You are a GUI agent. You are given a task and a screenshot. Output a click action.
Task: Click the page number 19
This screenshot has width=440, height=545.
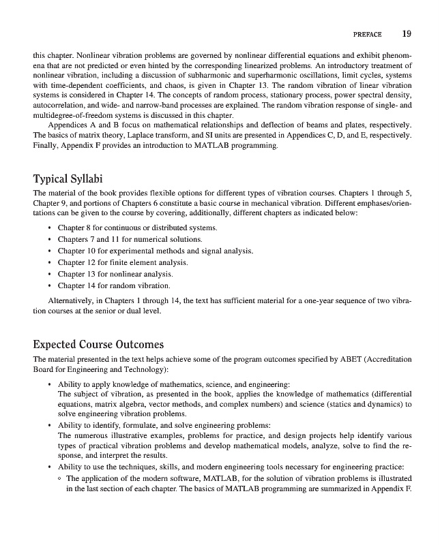point(407,33)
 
